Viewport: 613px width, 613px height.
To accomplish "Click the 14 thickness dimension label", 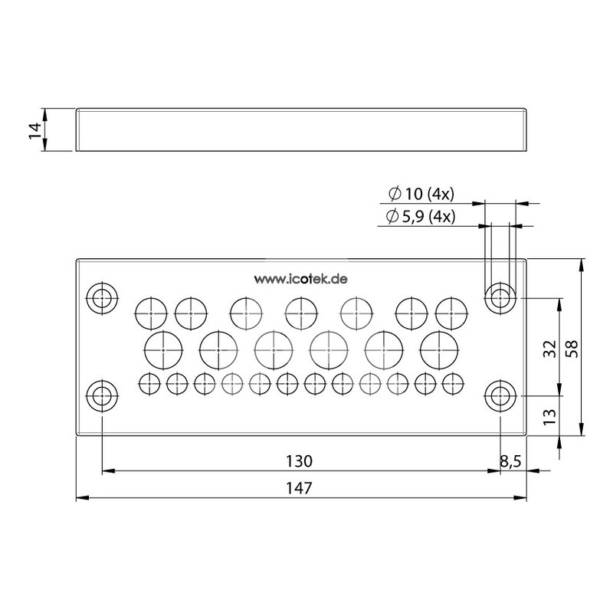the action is [x=35, y=129].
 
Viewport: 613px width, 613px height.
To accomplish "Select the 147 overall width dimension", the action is [x=299, y=488].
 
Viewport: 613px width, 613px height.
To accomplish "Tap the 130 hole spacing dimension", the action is [x=299, y=461].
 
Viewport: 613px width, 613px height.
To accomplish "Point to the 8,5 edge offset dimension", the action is [x=510, y=462].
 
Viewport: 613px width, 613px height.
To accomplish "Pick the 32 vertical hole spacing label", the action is [x=549, y=349].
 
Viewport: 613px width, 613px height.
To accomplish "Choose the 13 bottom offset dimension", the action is [x=549, y=417].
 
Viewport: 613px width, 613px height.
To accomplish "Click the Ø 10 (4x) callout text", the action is [x=421, y=194].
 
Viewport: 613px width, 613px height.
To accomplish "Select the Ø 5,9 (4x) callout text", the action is [x=421, y=216].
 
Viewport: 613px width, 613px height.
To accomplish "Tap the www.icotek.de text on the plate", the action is [x=300, y=279].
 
